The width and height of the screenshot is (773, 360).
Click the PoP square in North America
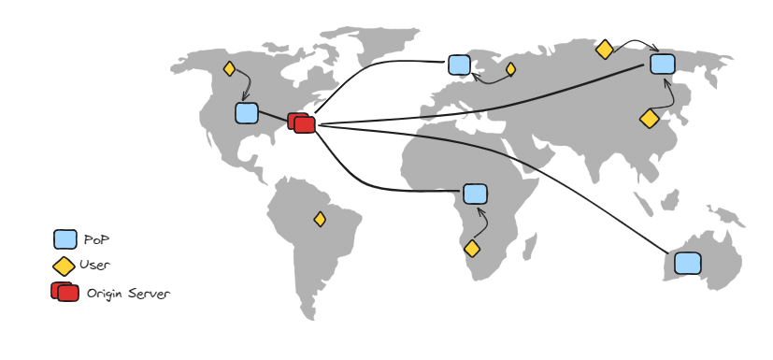246,113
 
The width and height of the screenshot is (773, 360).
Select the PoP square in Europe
459,65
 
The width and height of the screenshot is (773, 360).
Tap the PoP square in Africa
475,194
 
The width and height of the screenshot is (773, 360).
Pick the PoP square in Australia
687,263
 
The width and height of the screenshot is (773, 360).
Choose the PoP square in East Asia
662,64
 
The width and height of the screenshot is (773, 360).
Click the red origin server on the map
302,122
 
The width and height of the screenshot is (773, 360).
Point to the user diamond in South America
320,219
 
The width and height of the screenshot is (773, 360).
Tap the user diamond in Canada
229,68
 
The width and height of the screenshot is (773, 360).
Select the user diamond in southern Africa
472,249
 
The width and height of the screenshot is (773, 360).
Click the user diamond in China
649,119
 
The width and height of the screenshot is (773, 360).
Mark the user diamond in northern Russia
605,49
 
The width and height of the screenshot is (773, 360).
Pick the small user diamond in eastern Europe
510,68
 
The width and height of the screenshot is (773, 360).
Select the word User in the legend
94,266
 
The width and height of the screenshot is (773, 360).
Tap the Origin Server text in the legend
128,294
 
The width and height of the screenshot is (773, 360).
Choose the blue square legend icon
64,239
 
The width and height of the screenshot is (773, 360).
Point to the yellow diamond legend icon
64,266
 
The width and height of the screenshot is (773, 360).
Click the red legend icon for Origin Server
64,292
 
